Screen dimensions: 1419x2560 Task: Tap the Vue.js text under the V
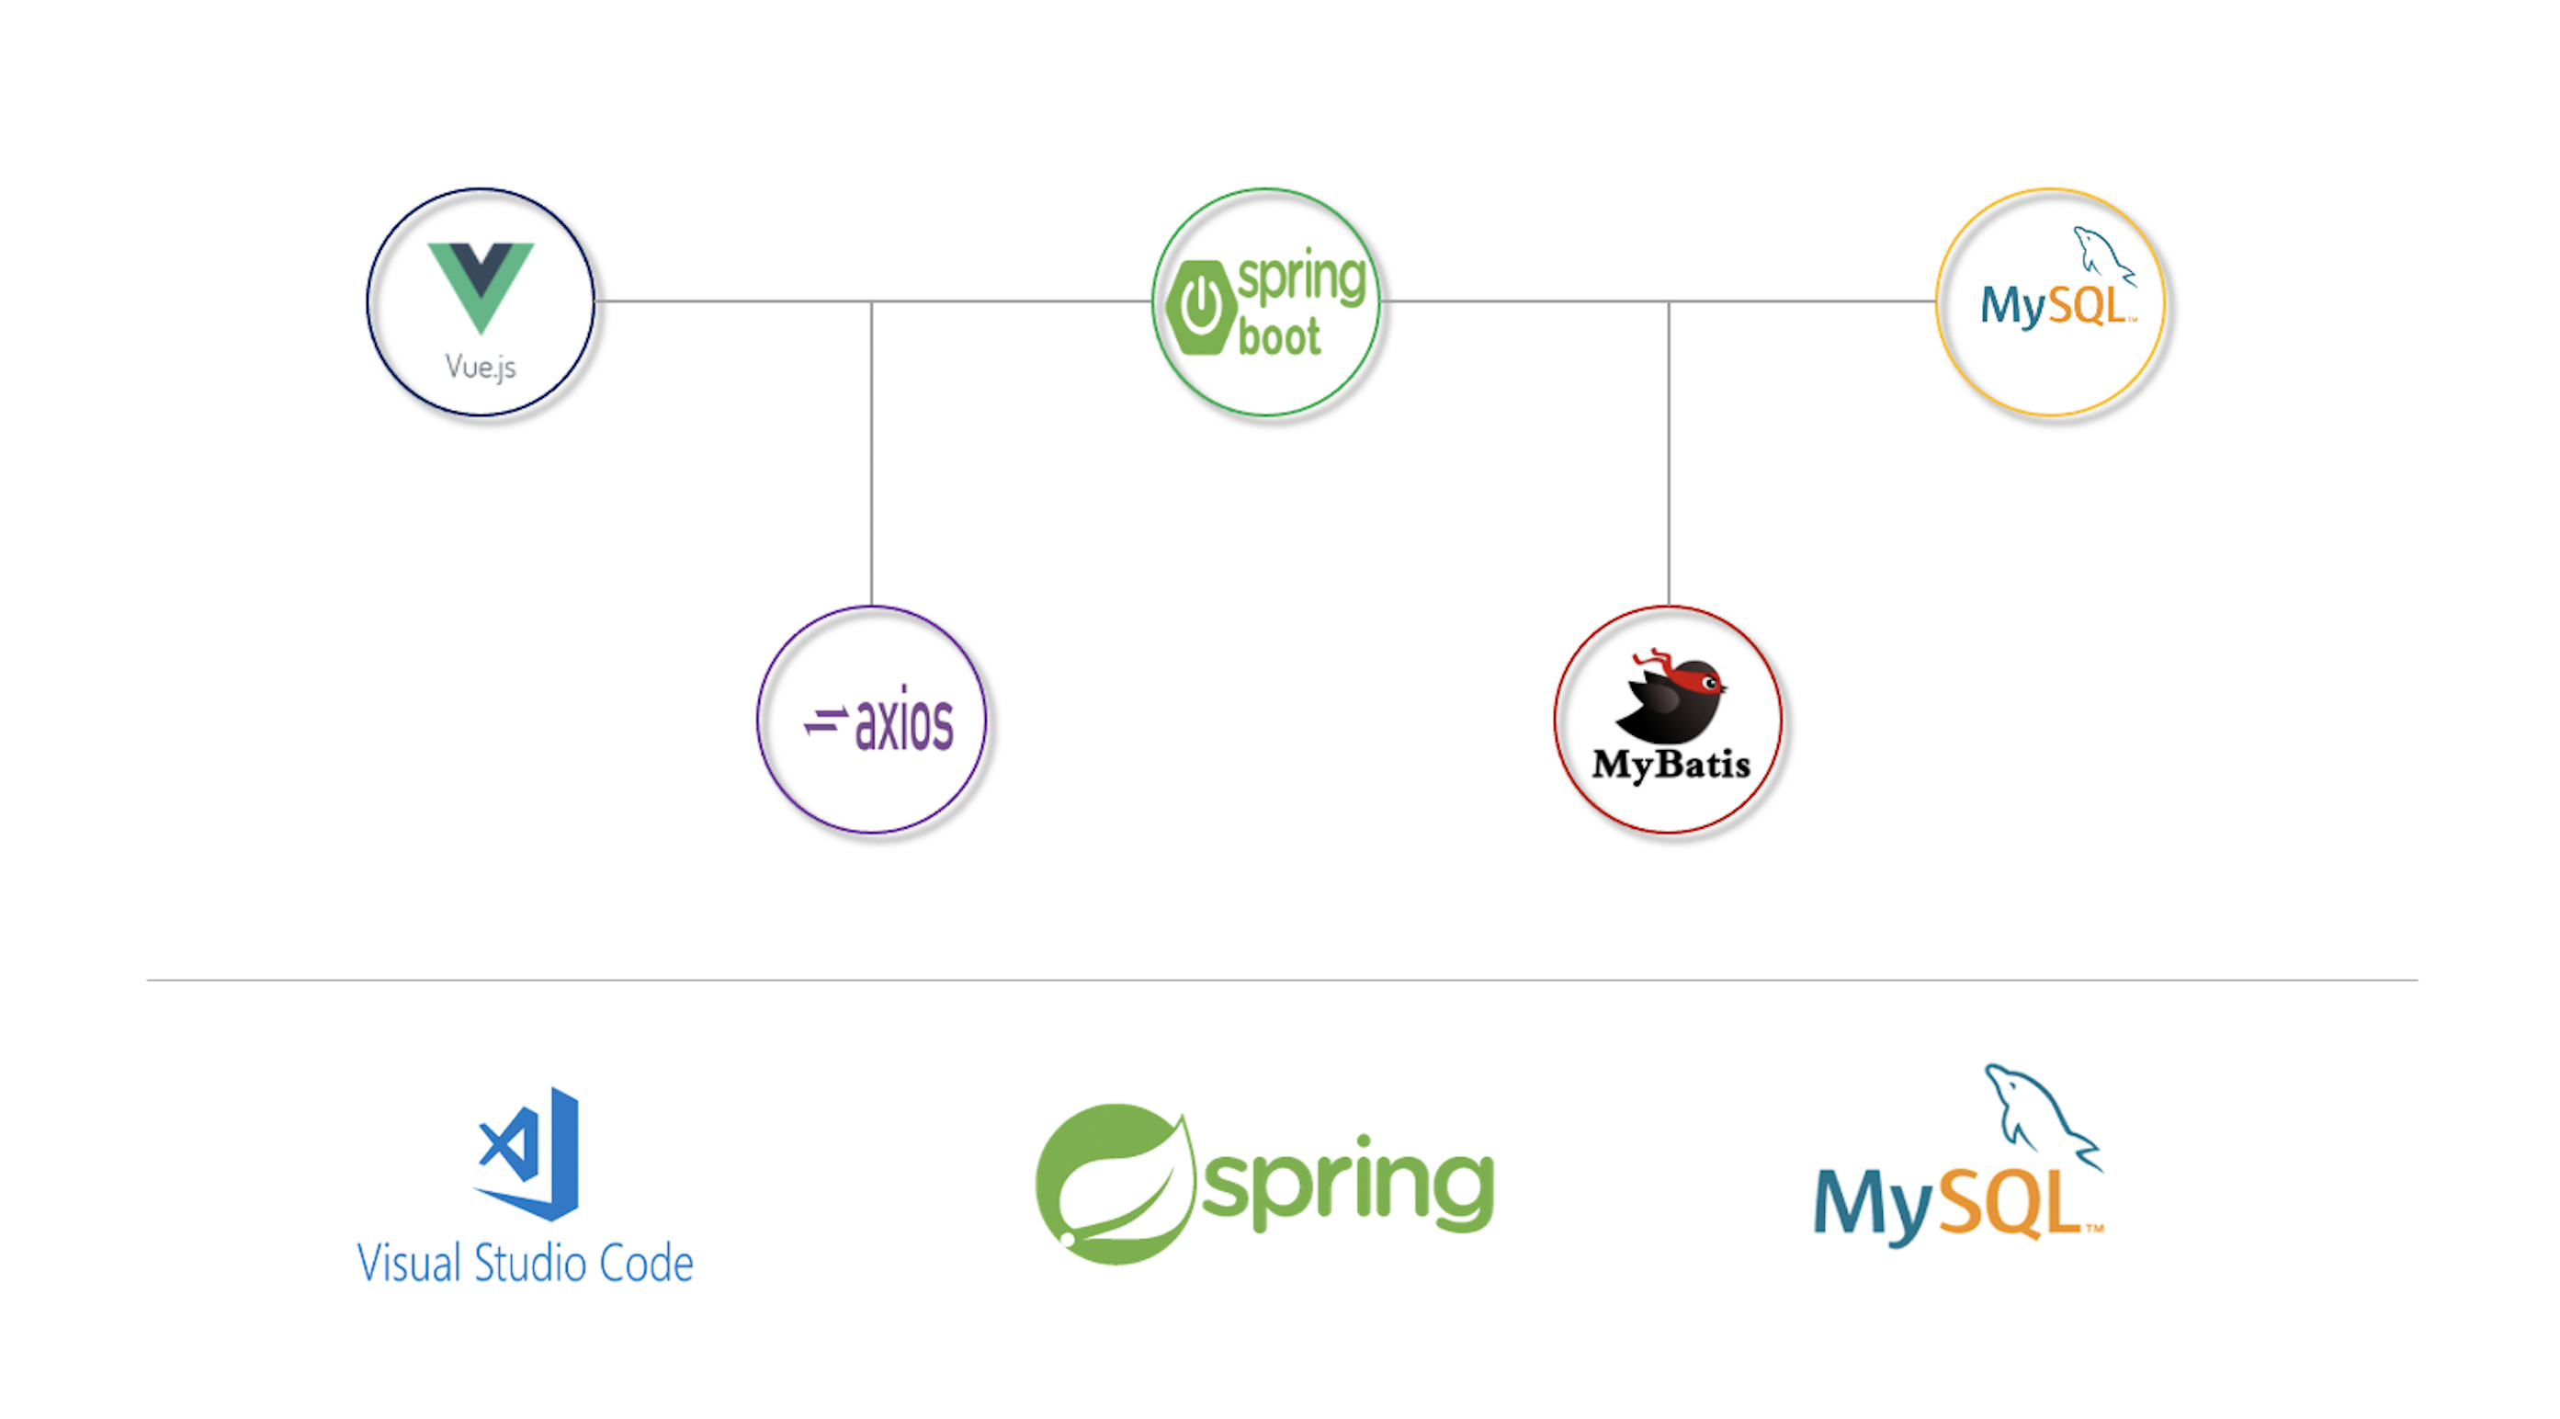click(481, 367)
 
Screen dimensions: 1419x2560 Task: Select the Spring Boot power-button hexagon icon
click(1200, 307)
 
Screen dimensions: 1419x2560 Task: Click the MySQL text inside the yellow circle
click(2053, 305)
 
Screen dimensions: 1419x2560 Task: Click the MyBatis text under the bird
click(1671, 764)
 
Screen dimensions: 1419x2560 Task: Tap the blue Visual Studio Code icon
click(529, 1152)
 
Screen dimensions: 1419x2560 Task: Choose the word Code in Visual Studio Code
click(646, 1264)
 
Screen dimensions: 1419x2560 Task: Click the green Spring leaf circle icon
click(1113, 1184)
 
